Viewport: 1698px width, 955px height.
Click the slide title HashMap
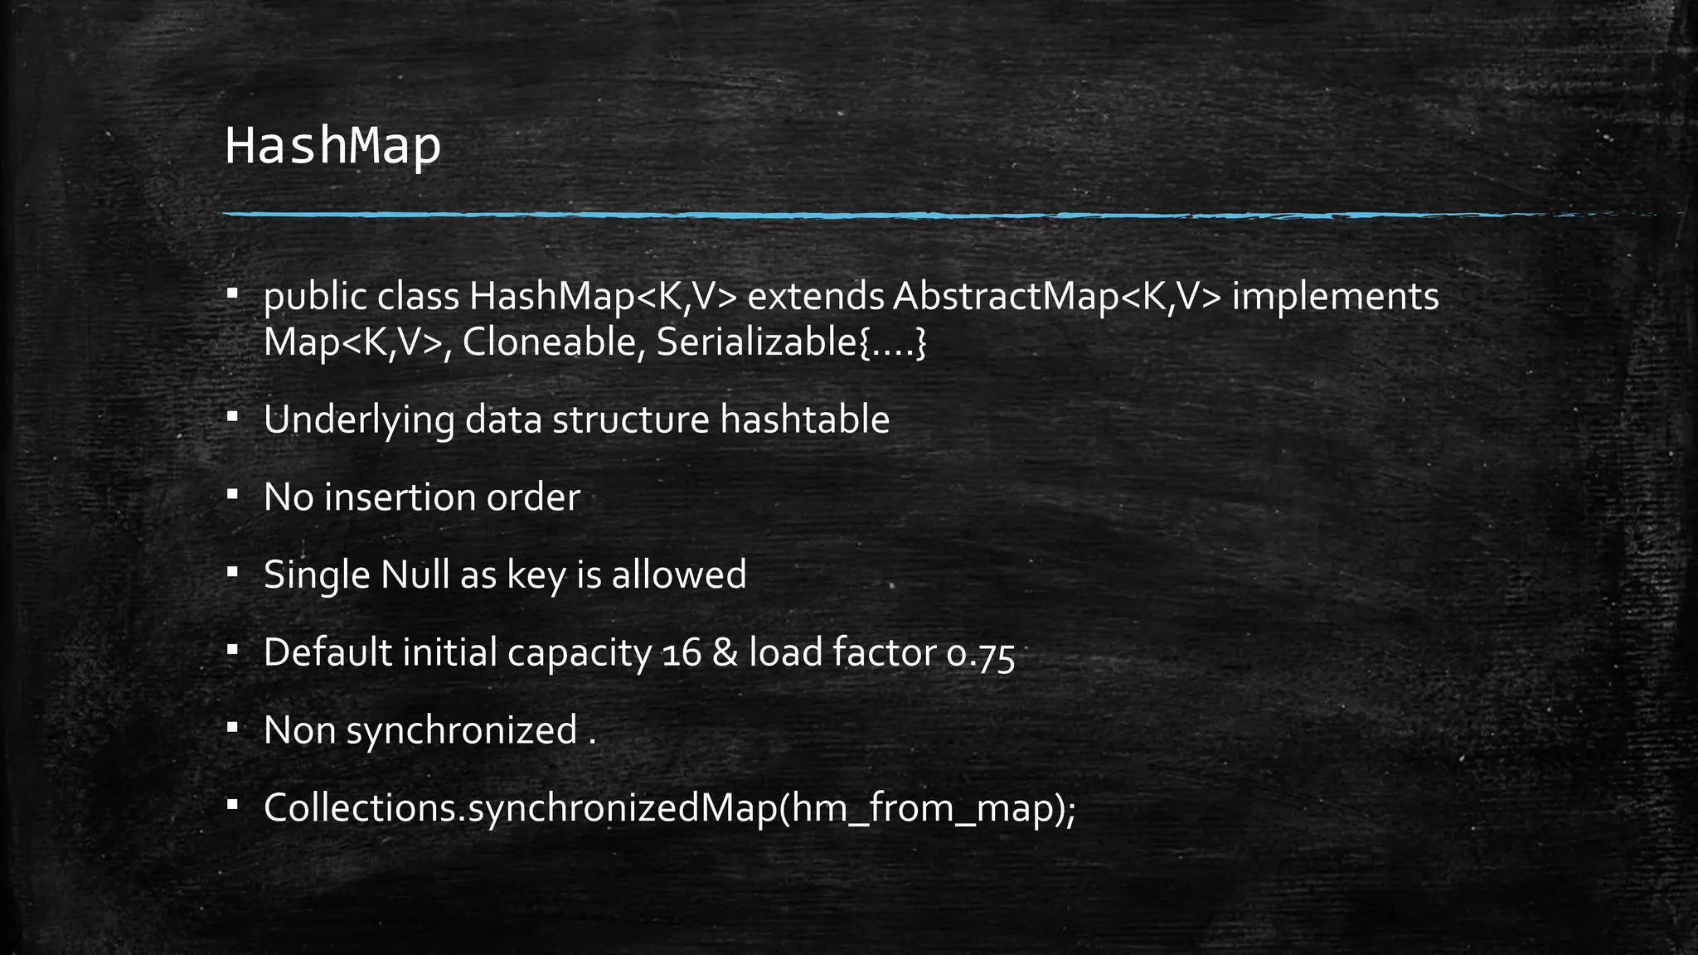click(x=332, y=147)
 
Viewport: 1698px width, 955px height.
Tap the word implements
click(x=1335, y=298)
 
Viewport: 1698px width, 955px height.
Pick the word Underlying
click(x=358, y=420)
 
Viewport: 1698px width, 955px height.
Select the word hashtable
click(x=804, y=419)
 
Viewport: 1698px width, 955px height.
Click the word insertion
click(x=399, y=497)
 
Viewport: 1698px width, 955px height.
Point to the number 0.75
click(x=980, y=654)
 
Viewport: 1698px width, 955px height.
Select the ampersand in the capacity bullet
click(x=725, y=653)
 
